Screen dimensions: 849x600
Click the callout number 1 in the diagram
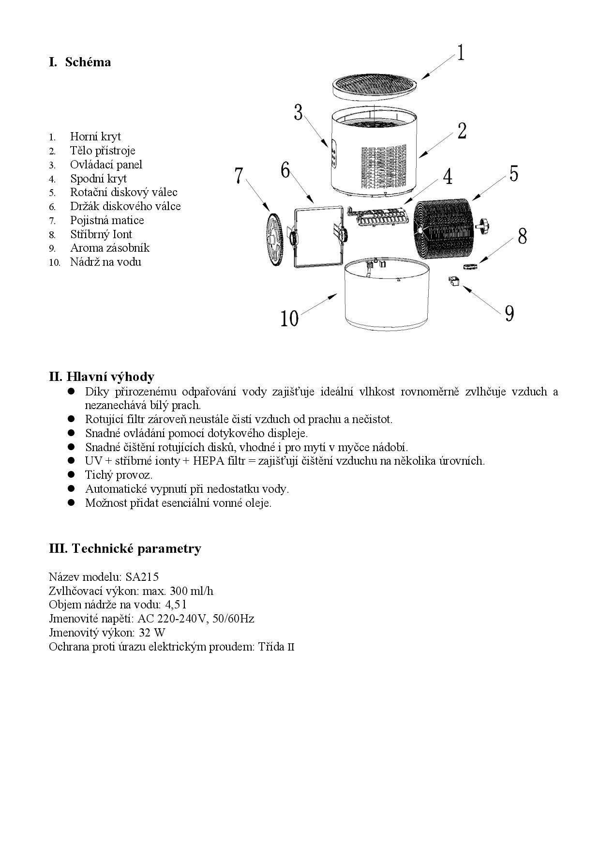(461, 52)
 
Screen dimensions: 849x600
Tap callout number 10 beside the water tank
(290, 318)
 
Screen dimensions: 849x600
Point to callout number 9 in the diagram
(509, 313)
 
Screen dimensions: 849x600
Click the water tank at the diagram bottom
(387, 295)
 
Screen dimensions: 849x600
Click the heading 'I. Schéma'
(80, 62)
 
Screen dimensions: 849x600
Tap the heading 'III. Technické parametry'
(125, 548)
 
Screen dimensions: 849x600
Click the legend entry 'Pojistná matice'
(106, 220)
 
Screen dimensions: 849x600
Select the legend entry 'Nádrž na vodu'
(105, 262)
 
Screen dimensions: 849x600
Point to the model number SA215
(142, 576)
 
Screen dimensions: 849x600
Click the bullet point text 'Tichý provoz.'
(119, 474)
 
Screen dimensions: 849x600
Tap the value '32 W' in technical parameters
(152, 632)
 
